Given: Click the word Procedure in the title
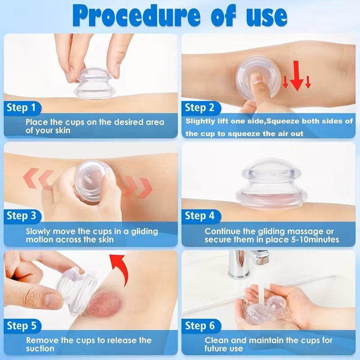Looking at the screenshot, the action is point(136,16).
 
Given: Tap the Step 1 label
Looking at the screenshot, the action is point(21,108).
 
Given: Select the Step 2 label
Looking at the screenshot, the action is point(199,108).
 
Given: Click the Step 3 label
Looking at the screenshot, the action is point(21,216).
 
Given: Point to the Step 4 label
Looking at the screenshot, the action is point(199,216).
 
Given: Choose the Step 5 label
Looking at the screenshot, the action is point(22,325).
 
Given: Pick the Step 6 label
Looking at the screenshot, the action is point(200,325).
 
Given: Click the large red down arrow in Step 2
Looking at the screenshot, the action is point(297,76).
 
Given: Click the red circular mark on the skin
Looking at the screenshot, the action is point(104,305).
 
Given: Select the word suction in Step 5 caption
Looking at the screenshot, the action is point(40,348).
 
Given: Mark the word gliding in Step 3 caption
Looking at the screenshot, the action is point(144,232).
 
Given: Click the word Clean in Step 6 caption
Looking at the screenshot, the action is point(217,340).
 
